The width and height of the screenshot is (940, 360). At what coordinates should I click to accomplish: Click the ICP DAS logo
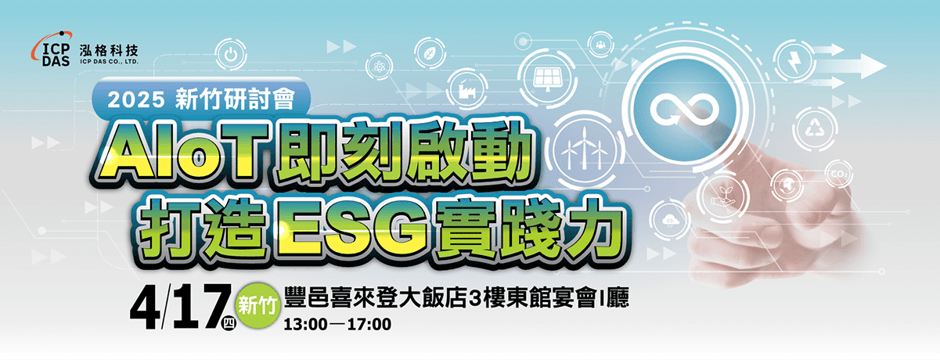click(x=51, y=49)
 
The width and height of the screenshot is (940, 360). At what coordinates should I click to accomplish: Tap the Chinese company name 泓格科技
click(x=109, y=51)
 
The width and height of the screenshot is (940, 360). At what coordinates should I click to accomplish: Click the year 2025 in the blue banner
click(x=136, y=100)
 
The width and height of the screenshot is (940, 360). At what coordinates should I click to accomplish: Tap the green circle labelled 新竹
click(x=258, y=305)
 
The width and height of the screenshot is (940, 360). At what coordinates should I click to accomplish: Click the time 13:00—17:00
click(x=337, y=324)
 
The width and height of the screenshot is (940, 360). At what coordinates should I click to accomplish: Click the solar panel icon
click(x=548, y=78)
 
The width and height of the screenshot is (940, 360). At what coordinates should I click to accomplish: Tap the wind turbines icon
click(x=585, y=148)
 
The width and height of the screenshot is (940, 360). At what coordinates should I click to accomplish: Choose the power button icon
click(x=230, y=54)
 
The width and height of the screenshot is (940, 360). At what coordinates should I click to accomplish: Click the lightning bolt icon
click(x=793, y=62)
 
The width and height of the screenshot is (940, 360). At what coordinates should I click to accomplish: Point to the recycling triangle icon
click(x=815, y=129)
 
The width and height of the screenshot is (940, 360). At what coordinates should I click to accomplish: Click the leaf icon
click(x=429, y=53)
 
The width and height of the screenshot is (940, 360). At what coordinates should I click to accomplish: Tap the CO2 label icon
click(x=839, y=173)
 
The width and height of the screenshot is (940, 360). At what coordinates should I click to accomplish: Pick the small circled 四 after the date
click(x=229, y=322)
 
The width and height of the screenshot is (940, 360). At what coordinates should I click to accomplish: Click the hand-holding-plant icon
click(x=723, y=195)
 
